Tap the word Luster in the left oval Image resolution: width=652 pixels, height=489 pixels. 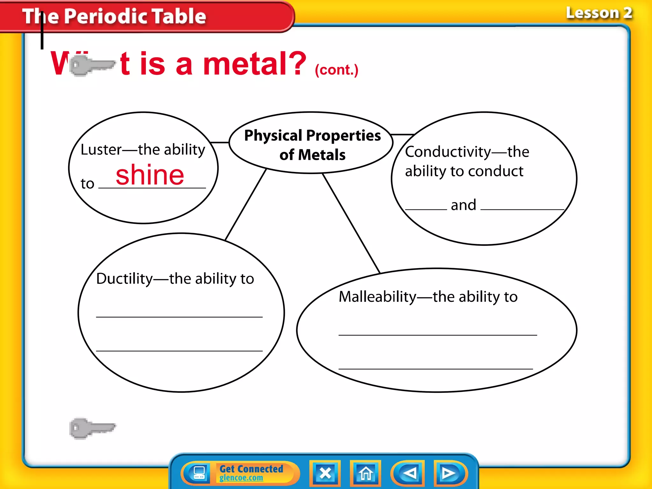point(101,150)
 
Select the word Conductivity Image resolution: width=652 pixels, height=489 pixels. point(448,152)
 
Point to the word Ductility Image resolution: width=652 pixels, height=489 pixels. point(124,279)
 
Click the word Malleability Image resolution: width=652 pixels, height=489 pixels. point(377,297)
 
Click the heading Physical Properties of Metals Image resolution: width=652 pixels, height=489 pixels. point(312,145)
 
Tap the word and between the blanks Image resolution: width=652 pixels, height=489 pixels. point(464,205)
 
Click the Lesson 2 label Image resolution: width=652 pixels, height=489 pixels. point(599,13)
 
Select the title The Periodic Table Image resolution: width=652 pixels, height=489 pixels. point(114,16)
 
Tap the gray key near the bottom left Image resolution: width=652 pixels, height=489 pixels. point(92,428)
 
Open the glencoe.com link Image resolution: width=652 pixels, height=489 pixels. point(241,478)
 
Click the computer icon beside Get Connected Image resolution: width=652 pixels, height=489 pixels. point(199,473)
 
